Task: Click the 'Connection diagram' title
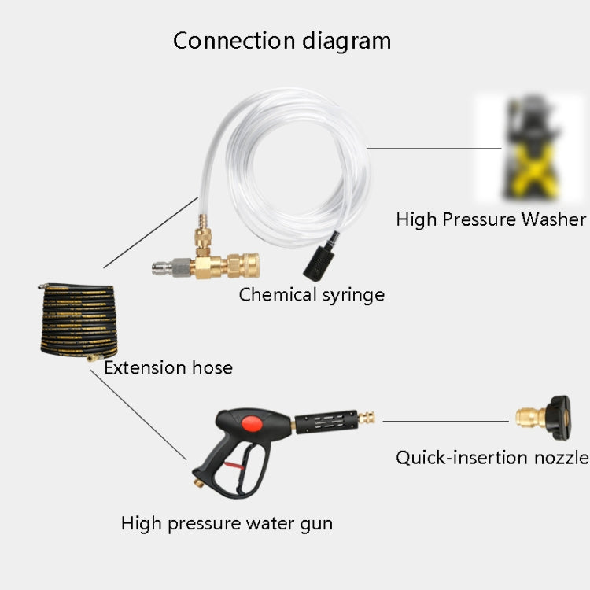[282, 41]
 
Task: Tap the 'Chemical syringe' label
[312, 295]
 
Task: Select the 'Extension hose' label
[168, 367]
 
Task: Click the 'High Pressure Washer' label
[491, 219]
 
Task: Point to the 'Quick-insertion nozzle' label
[492, 457]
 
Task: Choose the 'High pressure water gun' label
[227, 523]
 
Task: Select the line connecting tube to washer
[433, 147]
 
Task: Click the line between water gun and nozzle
[444, 421]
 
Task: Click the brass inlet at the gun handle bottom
[194, 478]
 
